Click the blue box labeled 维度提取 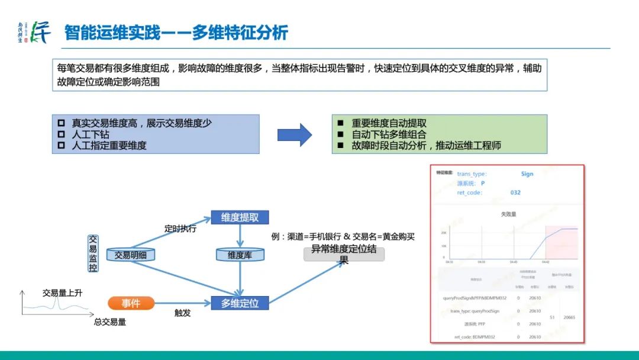(240, 217)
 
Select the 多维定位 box (240, 303)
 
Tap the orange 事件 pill (131, 303)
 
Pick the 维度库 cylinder (240, 255)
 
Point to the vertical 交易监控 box (93, 253)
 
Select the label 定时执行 (180, 229)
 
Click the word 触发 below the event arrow (182, 313)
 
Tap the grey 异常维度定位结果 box (344, 253)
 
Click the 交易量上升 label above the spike (62, 293)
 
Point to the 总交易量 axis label (110, 322)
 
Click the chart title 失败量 (508, 214)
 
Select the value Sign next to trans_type (527, 174)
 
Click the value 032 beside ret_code (515, 192)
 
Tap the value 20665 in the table (570, 317)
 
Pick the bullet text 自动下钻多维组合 (389, 134)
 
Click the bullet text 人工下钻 (90, 134)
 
